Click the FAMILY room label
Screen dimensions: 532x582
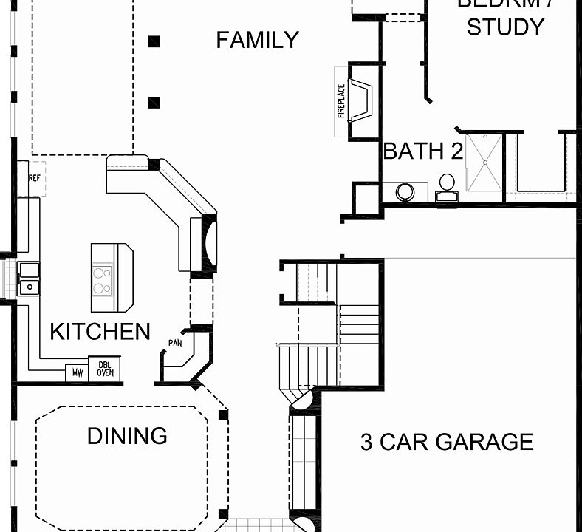coord(257,40)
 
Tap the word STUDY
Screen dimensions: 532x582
coord(505,27)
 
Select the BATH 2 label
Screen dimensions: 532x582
coord(422,151)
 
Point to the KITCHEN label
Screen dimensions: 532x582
coord(100,332)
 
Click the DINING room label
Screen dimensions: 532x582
coord(127,436)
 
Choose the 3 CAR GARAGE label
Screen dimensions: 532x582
coord(446,442)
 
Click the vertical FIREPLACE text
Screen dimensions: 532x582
coord(341,100)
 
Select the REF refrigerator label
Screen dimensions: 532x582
coord(34,179)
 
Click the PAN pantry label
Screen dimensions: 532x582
coord(175,343)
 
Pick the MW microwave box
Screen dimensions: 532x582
coord(77,372)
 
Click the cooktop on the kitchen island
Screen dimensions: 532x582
coord(102,279)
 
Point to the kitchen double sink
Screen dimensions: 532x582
coord(29,279)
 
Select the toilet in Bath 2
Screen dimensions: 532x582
coord(447,185)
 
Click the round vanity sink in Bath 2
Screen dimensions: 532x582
coord(405,193)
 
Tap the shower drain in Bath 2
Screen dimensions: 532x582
coord(484,160)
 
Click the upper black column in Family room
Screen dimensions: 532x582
coord(154,41)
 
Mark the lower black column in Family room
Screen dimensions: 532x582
coord(154,103)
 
